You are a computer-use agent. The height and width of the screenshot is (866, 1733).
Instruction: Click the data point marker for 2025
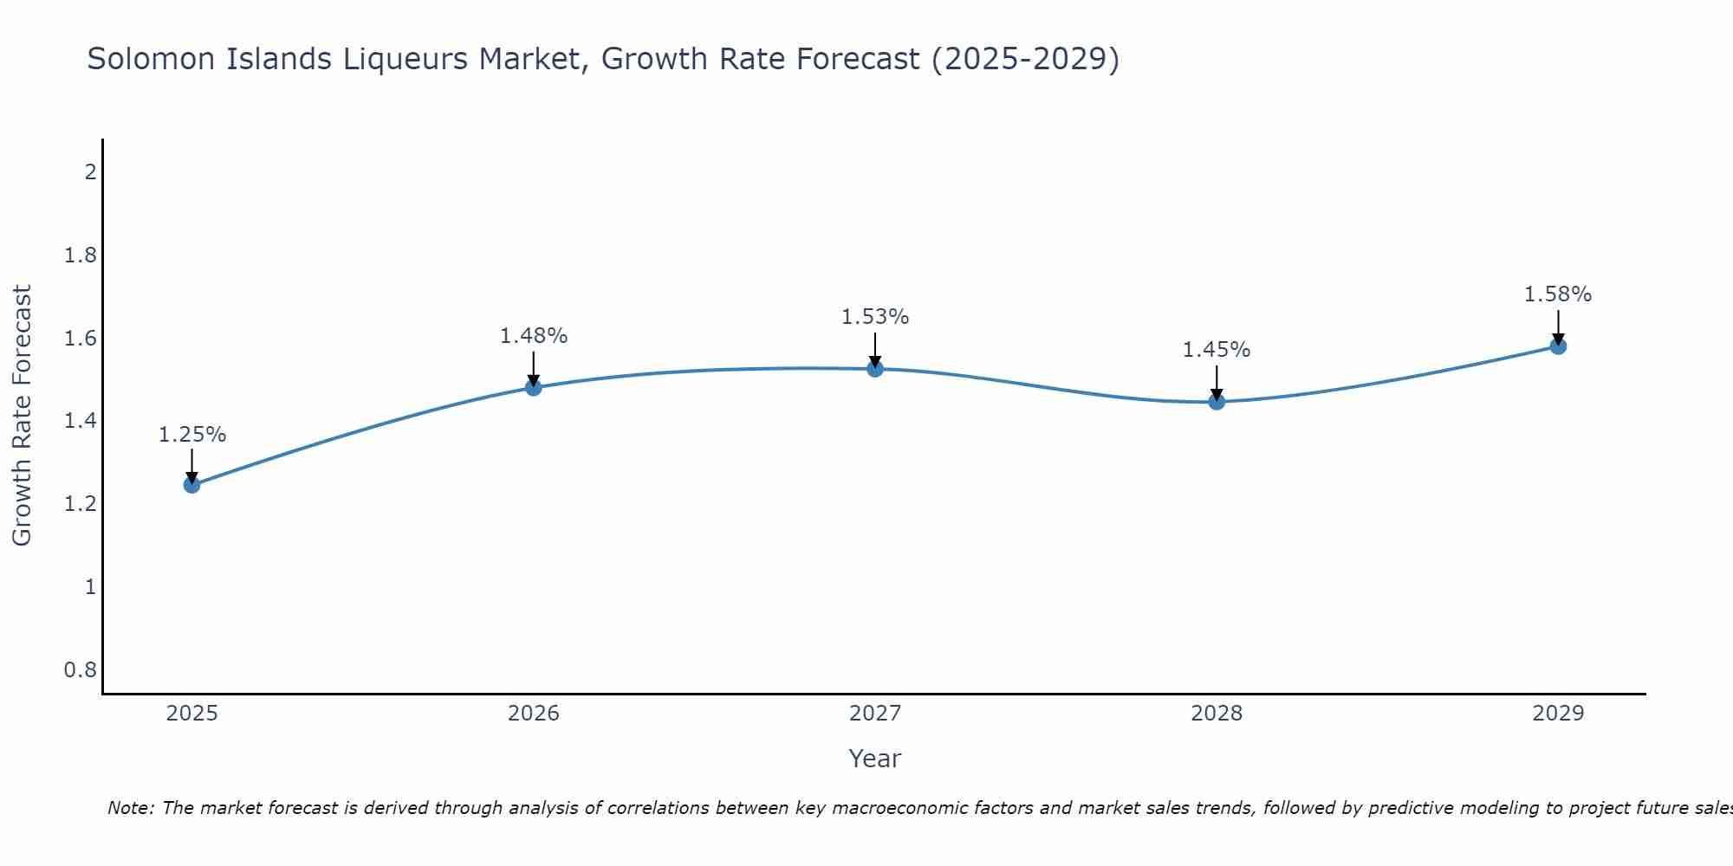point(192,485)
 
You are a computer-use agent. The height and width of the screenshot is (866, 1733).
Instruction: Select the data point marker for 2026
point(534,387)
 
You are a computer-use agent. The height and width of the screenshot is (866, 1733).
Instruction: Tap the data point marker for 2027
point(875,369)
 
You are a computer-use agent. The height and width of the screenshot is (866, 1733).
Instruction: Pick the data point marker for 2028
point(1217,401)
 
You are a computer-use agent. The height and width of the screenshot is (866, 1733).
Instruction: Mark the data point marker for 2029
point(1558,346)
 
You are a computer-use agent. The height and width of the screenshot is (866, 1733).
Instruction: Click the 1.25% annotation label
point(192,435)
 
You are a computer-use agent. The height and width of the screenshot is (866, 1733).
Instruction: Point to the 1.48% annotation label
point(534,336)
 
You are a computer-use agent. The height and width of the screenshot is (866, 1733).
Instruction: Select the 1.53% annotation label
point(875,317)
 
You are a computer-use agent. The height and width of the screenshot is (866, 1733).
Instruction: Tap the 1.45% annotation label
point(1217,350)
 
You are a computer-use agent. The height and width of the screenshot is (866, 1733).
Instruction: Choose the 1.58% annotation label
point(1558,294)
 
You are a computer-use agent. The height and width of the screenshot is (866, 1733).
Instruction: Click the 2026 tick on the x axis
point(534,714)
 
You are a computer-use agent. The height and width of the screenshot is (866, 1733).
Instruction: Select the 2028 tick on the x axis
point(1217,714)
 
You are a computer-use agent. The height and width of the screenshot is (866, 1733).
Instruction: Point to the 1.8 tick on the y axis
point(81,255)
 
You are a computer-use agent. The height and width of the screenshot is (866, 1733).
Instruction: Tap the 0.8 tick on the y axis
point(81,670)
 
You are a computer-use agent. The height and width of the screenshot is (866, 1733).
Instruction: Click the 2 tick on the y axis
point(90,172)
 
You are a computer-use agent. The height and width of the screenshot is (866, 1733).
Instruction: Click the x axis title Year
point(875,759)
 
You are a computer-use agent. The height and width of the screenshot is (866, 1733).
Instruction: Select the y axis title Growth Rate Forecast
point(22,416)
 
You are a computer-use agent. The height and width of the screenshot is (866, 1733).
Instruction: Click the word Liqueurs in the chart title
point(406,60)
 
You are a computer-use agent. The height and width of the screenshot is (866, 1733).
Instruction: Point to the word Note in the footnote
point(130,808)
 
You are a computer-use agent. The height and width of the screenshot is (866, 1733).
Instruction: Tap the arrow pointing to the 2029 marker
point(1558,326)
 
